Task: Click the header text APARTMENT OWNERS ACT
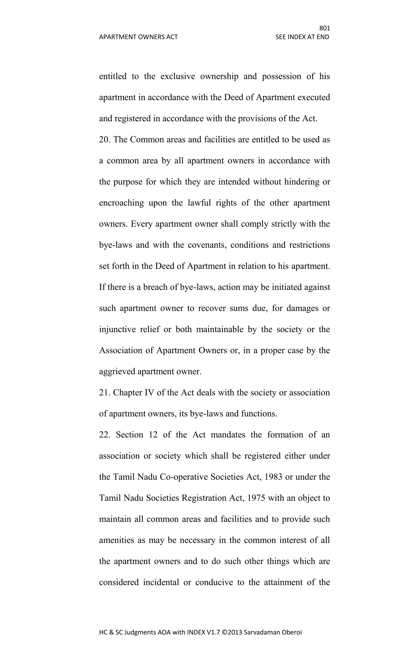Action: pyautogui.click(x=138, y=37)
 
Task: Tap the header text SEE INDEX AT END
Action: pyautogui.click(x=302, y=37)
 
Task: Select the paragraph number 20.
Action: pyautogui.click(x=105, y=140)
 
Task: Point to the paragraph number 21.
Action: pyautogui.click(x=104, y=393)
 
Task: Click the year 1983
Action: pyautogui.click(x=273, y=477)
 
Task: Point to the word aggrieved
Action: pyautogui.click(x=117, y=372)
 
